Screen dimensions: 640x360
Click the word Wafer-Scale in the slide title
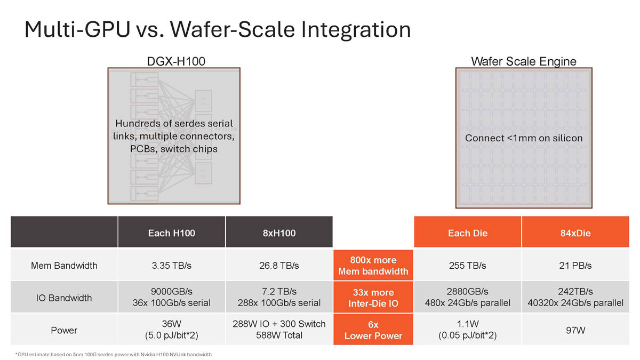pos(233,29)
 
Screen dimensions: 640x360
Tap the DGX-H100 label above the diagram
pos(176,61)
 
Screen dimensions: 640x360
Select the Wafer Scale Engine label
pos(524,62)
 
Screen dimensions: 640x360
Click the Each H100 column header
pos(171,233)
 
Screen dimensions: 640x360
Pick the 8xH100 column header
pos(279,233)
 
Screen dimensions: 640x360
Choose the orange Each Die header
pos(468,233)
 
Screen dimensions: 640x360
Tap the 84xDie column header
pos(575,233)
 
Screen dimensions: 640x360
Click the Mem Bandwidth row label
pos(64,266)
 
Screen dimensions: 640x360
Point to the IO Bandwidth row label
pos(64,298)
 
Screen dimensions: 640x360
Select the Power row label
pos(64,330)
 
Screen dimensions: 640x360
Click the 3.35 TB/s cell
pos(171,266)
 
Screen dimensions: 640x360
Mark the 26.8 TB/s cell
pos(279,266)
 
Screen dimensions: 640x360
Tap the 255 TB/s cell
pos(468,266)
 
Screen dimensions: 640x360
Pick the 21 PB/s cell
pos(575,266)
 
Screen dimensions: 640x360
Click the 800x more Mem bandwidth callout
pos(373,266)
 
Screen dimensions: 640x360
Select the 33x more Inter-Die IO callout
pos(373,298)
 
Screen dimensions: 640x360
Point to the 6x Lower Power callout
pos(373,330)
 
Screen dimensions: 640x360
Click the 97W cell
pos(575,330)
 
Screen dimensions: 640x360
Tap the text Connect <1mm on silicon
pos(524,138)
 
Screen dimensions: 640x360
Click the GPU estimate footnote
pos(114,355)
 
